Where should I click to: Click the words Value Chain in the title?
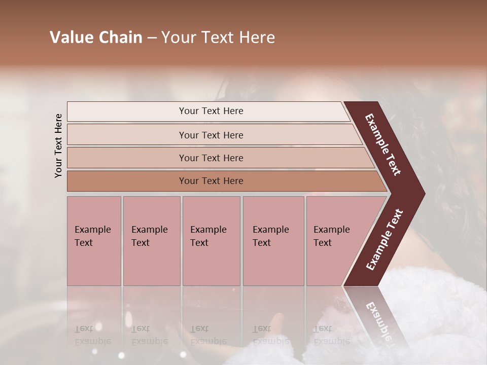[96, 38]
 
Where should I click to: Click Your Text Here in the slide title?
[218, 38]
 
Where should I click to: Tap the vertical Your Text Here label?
[58, 145]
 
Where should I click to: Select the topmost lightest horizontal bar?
[211, 111]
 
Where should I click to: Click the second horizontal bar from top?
[211, 135]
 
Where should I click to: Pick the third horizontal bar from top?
[211, 158]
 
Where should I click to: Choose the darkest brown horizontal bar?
[211, 181]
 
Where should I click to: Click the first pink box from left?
[94, 241]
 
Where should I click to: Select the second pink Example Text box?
[151, 241]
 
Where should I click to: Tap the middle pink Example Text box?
[211, 241]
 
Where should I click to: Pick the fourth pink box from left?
[273, 241]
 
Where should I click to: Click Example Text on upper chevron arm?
[383, 144]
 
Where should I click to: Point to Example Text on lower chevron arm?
[385, 240]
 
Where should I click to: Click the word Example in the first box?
[93, 230]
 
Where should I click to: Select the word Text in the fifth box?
[323, 243]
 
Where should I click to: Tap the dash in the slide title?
[152, 38]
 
